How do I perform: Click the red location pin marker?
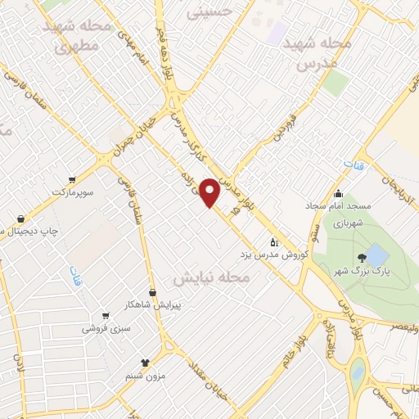(x=210, y=191)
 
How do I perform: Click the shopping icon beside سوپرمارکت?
(x=73, y=179)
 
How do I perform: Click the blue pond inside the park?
(x=376, y=254)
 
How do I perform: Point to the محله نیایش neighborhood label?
(x=221, y=279)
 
